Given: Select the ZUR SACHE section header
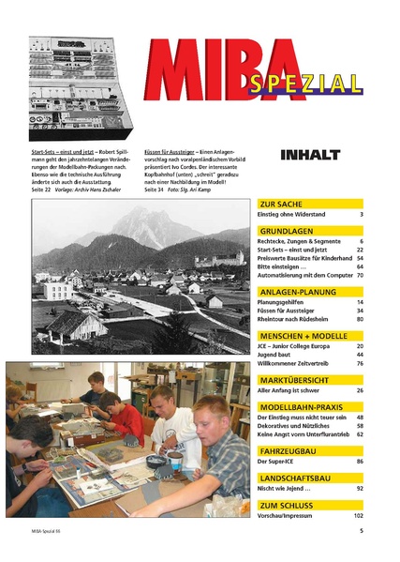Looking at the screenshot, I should tap(280, 203).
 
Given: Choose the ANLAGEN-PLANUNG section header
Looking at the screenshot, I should tap(298, 291).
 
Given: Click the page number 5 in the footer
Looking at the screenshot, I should tap(361, 555).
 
